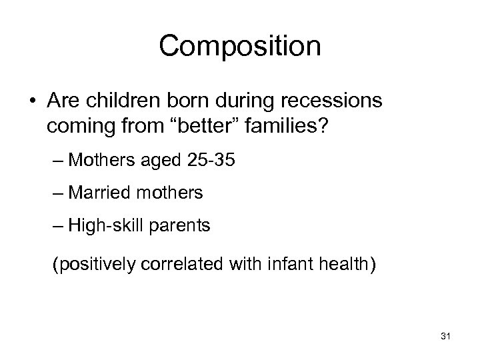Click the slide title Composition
pos(240,47)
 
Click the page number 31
pos(445,338)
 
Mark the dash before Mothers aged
pos(58,160)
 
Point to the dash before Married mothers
pos(58,193)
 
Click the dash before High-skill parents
pos(58,227)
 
